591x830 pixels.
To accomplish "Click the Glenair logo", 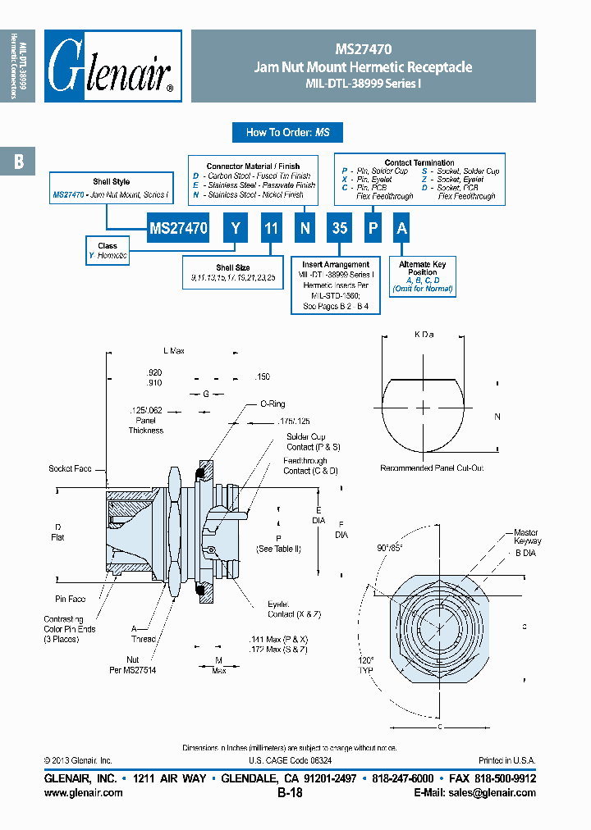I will pos(112,66).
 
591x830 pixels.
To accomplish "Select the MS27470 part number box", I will pos(178,229).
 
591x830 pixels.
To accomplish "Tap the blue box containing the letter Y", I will pos(235,229).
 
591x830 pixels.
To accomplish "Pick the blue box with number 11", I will pos(270,229).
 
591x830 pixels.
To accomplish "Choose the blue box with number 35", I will pos(339,229).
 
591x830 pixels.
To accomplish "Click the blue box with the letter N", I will pos(305,229).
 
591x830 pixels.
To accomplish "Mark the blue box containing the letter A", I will pos(401,229).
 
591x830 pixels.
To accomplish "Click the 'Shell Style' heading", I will pos(111,181).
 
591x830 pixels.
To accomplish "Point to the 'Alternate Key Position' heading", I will pos(422,269).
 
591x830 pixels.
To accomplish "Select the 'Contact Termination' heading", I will pos(419,162).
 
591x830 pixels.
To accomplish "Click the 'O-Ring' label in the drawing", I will pos(272,404).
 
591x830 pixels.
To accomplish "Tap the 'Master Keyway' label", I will pos(527,536).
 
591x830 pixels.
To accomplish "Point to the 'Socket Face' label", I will pos(70,469).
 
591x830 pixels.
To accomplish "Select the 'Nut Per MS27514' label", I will pos(133,664).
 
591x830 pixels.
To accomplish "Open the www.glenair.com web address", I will pos(83,793).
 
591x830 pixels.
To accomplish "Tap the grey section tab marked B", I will pos(18,162).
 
